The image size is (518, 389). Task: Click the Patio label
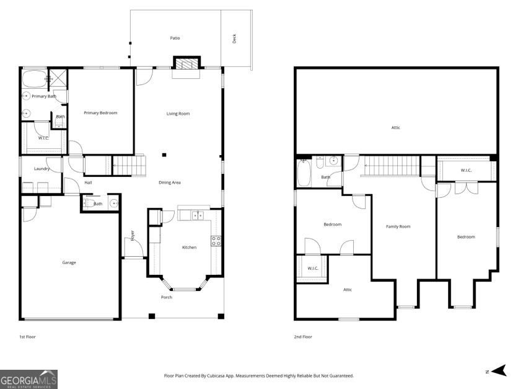(x=175, y=38)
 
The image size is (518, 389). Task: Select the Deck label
(x=234, y=38)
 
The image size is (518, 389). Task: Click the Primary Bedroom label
(x=100, y=113)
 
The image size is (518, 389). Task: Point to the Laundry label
(x=42, y=169)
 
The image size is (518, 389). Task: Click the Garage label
(x=69, y=262)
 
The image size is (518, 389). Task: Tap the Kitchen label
(x=189, y=248)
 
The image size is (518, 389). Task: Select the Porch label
(x=167, y=297)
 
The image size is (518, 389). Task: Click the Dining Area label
(x=169, y=182)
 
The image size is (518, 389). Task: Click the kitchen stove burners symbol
(x=216, y=241)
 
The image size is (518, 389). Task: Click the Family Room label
(x=398, y=226)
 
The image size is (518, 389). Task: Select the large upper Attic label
(x=396, y=128)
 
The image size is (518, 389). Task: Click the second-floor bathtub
(x=304, y=172)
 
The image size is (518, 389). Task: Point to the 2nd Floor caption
(x=303, y=337)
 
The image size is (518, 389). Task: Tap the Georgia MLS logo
(x=29, y=378)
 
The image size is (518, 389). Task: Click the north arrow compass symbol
(x=497, y=371)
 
